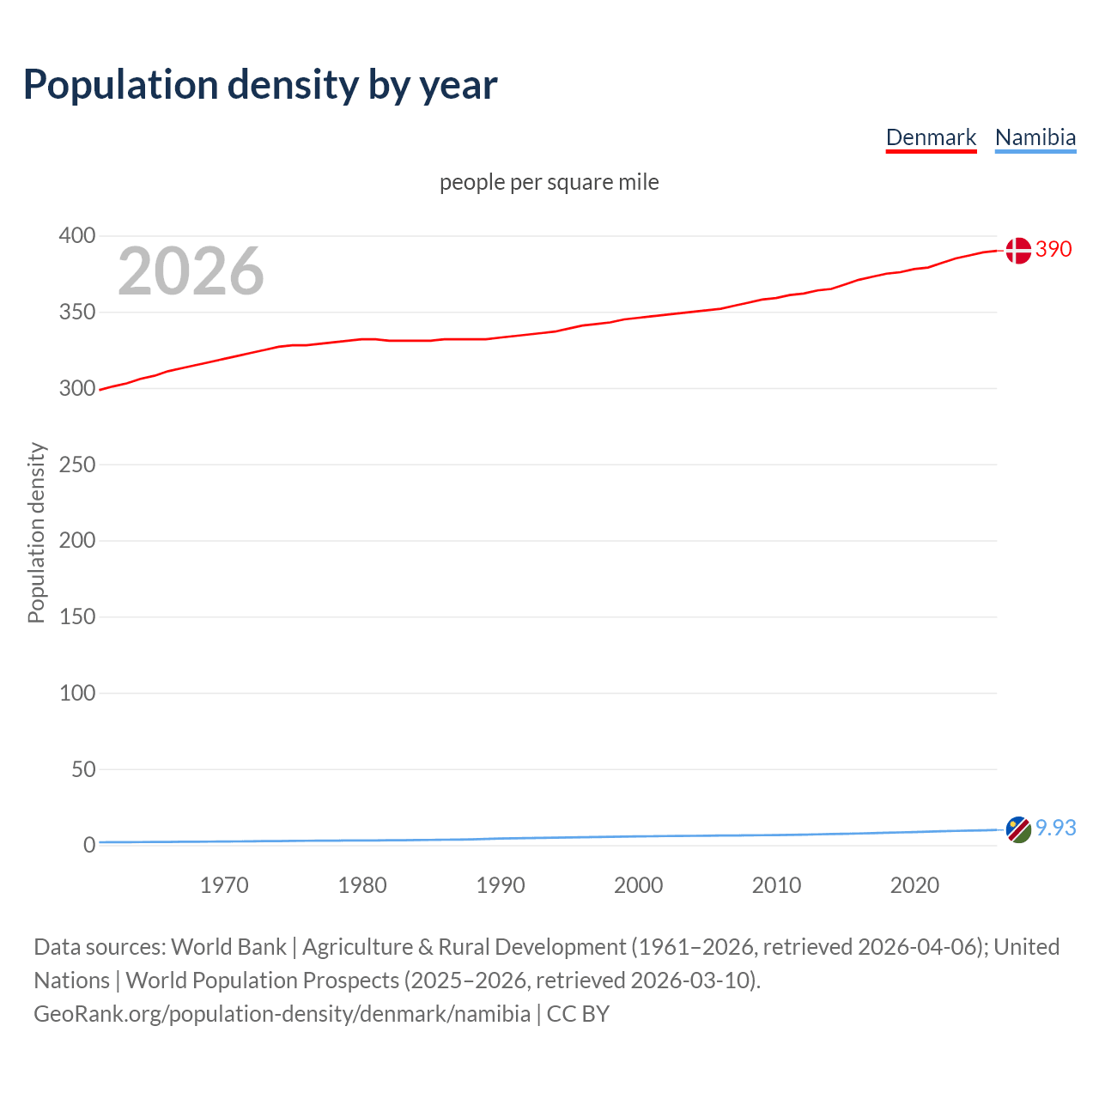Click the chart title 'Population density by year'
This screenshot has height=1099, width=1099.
pyautogui.click(x=260, y=85)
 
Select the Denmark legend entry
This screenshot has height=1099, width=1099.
pyautogui.click(x=931, y=137)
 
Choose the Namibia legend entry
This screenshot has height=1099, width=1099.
pyautogui.click(x=1035, y=137)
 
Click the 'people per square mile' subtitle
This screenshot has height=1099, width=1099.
pyautogui.click(x=549, y=182)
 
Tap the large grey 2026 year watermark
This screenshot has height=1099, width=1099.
pyautogui.click(x=191, y=271)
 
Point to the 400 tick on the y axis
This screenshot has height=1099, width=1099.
pyautogui.click(x=77, y=235)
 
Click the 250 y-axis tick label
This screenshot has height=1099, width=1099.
pyautogui.click(x=77, y=464)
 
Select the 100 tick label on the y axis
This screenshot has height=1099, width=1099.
pyautogui.click(x=77, y=693)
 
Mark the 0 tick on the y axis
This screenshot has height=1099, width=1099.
pyautogui.click(x=89, y=845)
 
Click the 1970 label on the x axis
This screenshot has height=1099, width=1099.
pyautogui.click(x=224, y=885)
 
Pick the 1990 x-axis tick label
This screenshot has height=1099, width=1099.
pyautogui.click(x=501, y=885)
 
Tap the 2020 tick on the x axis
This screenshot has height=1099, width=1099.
pyautogui.click(x=914, y=885)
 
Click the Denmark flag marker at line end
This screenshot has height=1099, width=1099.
pyautogui.click(x=1017, y=251)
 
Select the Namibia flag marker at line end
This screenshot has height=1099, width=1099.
pyautogui.click(x=1017, y=829)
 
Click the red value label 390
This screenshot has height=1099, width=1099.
pyautogui.click(x=1053, y=249)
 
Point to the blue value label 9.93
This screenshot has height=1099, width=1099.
pyautogui.click(x=1055, y=828)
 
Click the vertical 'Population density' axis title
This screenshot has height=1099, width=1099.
pyautogui.click(x=36, y=532)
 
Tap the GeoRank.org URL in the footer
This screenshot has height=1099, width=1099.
pyautogui.click(x=282, y=1014)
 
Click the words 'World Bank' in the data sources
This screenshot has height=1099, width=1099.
pyautogui.click(x=228, y=947)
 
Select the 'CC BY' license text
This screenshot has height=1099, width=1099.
pyautogui.click(x=578, y=1014)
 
